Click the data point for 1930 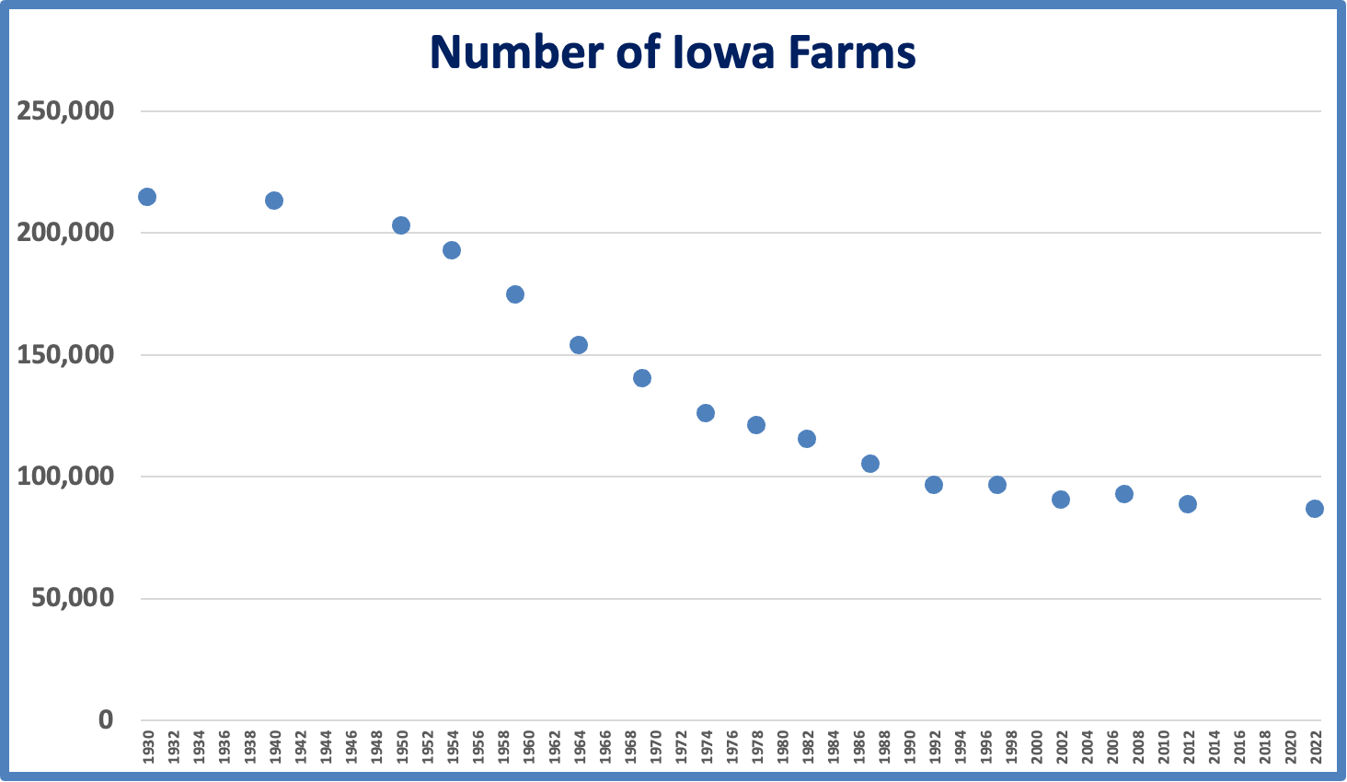[x=147, y=197]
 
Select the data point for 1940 [x=274, y=201]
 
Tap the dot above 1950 [x=401, y=225]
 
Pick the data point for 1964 [x=579, y=345]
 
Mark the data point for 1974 [x=706, y=413]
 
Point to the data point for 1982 [x=807, y=439]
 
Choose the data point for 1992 [x=934, y=485]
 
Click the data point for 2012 [x=1188, y=504]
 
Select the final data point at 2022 [x=1315, y=509]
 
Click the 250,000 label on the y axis [x=66, y=111]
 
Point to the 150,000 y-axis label [x=66, y=355]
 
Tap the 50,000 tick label [x=74, y=598]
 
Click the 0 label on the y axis [x=106, y=719]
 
